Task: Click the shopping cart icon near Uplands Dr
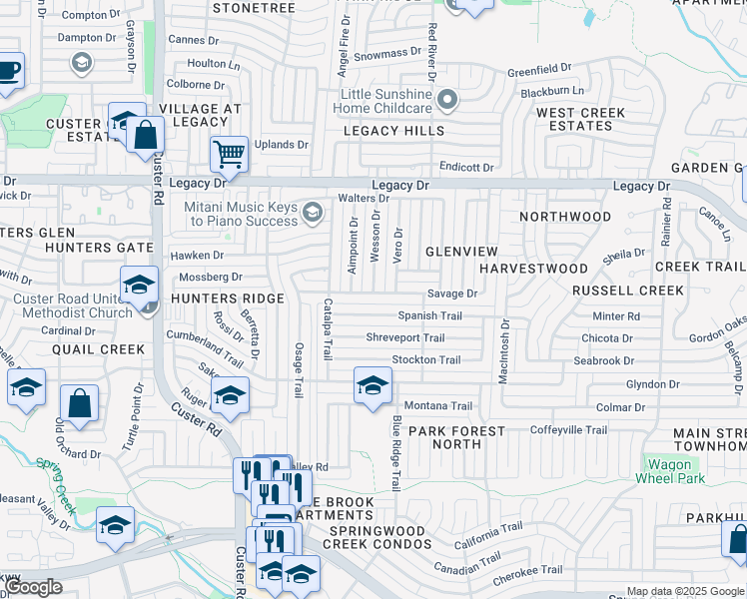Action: (229, 155)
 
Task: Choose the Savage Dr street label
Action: (452, 294)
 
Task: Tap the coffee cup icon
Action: (9, 71)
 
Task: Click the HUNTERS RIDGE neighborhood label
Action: (215, 298)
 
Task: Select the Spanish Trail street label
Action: (430, 315)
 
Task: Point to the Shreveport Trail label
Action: (405, 337)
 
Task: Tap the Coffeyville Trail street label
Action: (568, 430)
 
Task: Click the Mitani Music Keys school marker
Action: (314, 211)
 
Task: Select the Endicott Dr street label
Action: (465, 167)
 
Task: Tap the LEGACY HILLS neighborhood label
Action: (394, 131)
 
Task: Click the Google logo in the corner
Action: (33, 587)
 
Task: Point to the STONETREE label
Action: (254, 7)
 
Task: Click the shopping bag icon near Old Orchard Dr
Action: (79, 404)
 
